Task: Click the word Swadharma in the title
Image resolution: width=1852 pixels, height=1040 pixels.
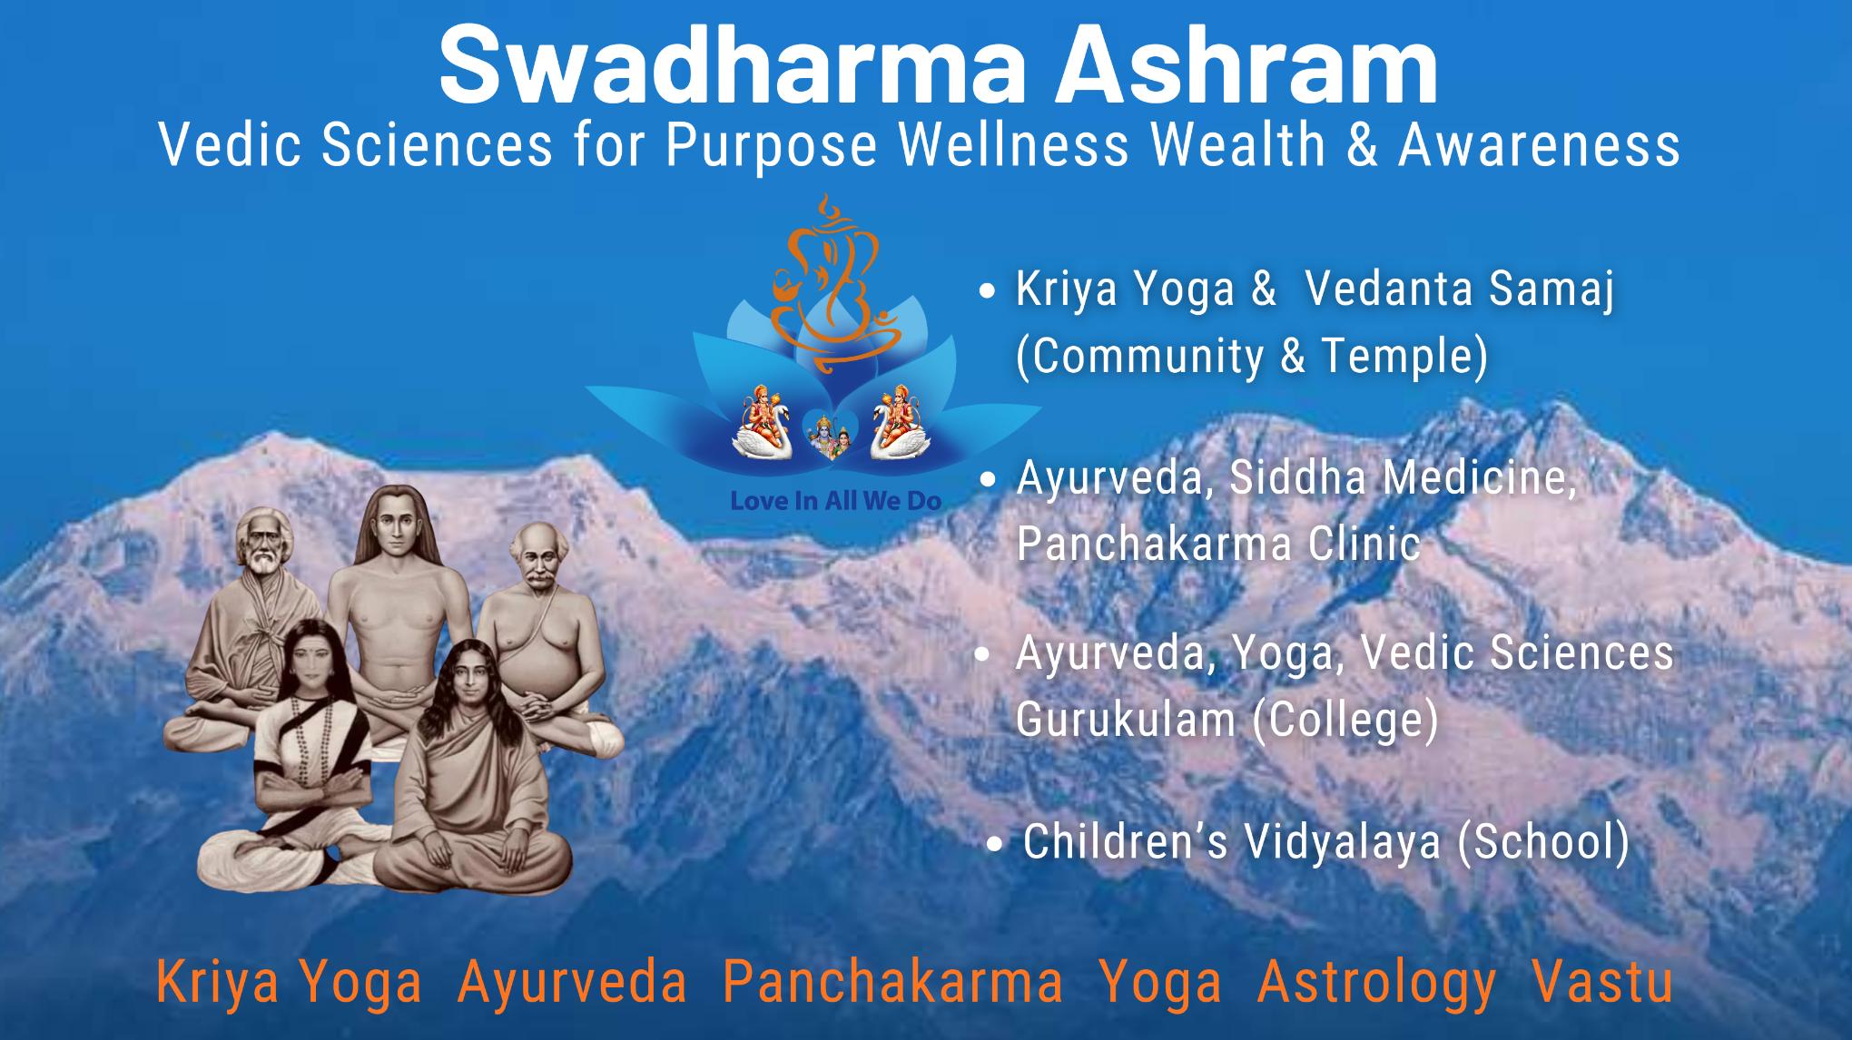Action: (x=726, y=66)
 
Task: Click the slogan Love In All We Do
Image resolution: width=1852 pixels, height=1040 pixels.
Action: (x=835, y=501)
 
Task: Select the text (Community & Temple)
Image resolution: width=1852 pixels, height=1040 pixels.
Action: (x=1252, y=356)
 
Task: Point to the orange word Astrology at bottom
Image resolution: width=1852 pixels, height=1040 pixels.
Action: (x=1376, y=984)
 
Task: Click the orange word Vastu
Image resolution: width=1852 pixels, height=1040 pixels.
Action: (x=1602, y=984)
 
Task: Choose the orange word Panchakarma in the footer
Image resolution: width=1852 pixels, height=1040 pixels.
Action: (x=892, y=984)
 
